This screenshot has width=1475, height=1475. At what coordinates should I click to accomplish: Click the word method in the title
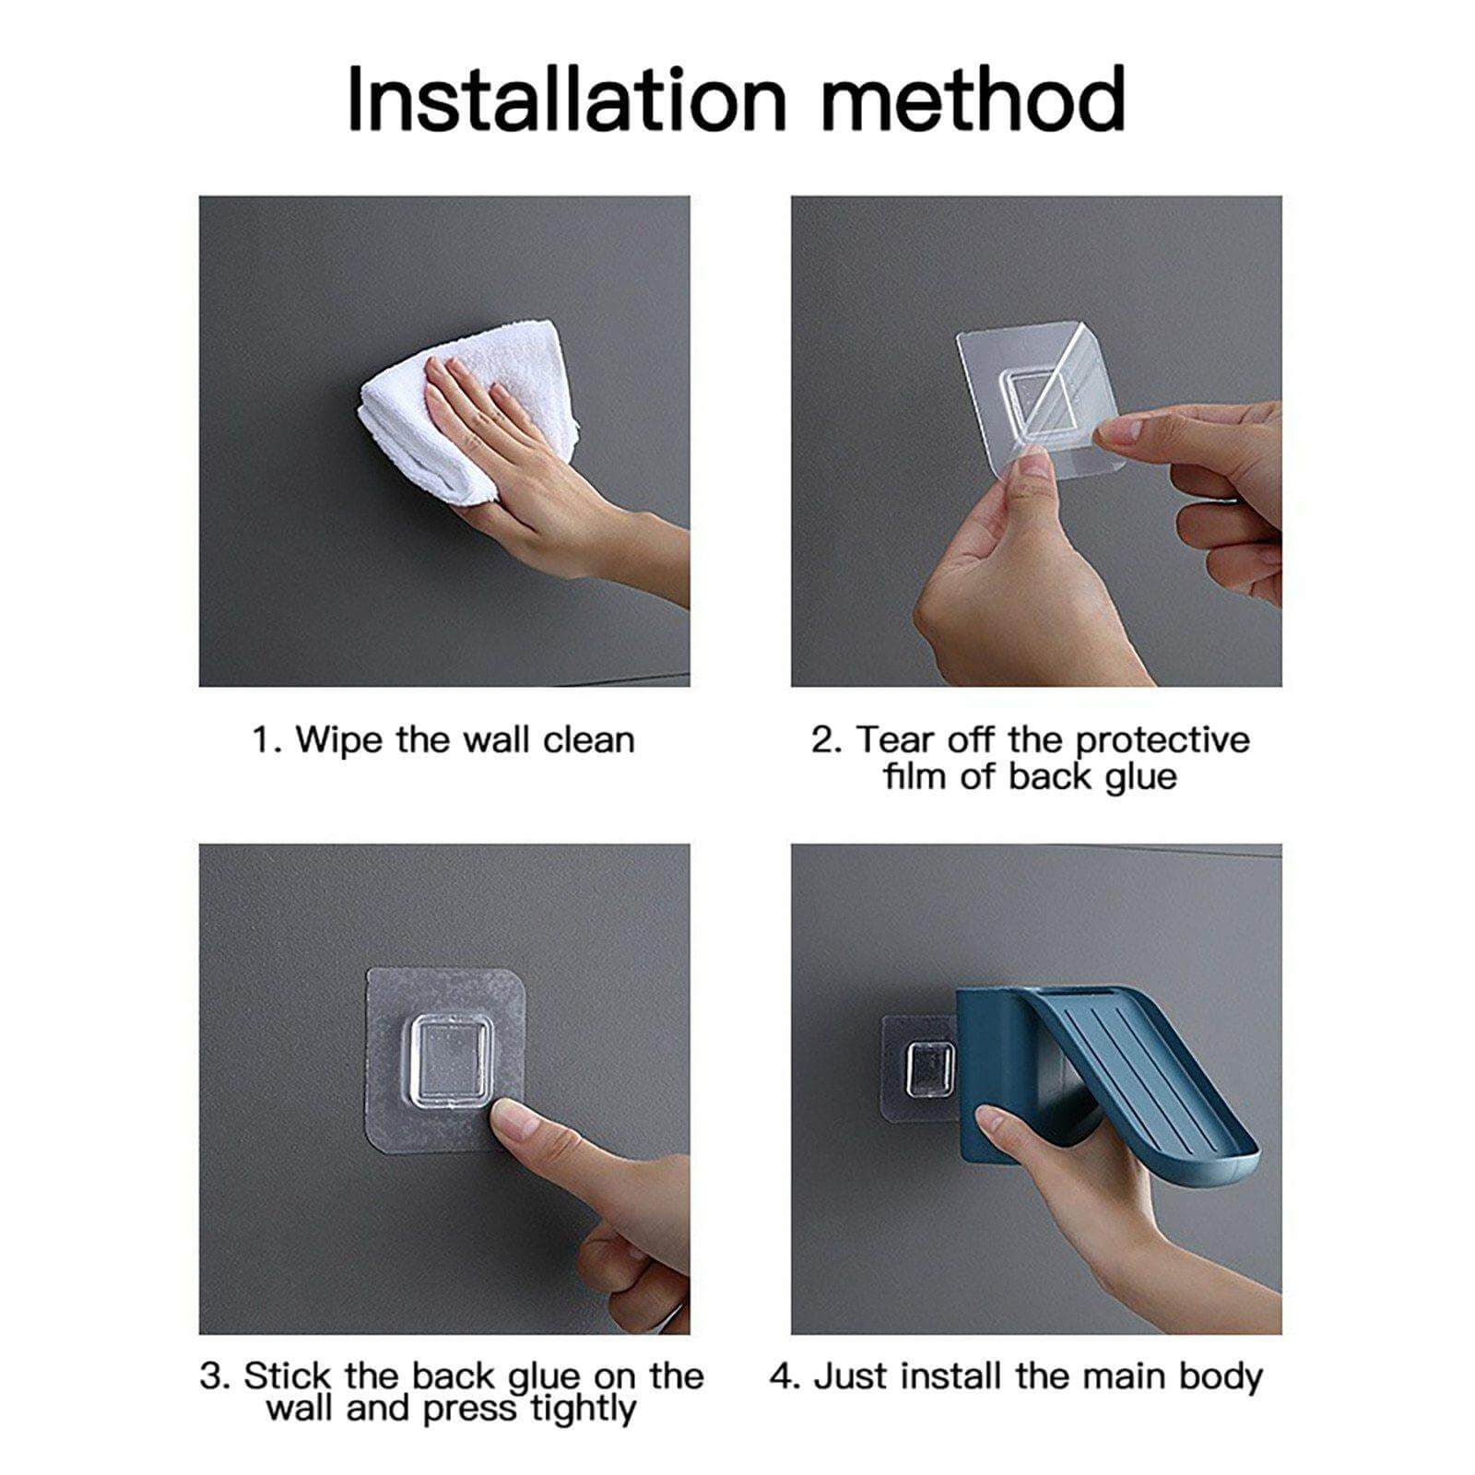(973, 100)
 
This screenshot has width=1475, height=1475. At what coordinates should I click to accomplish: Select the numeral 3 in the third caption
(211, 1377)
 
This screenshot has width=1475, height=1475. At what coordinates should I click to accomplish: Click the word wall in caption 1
(497, 740)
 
